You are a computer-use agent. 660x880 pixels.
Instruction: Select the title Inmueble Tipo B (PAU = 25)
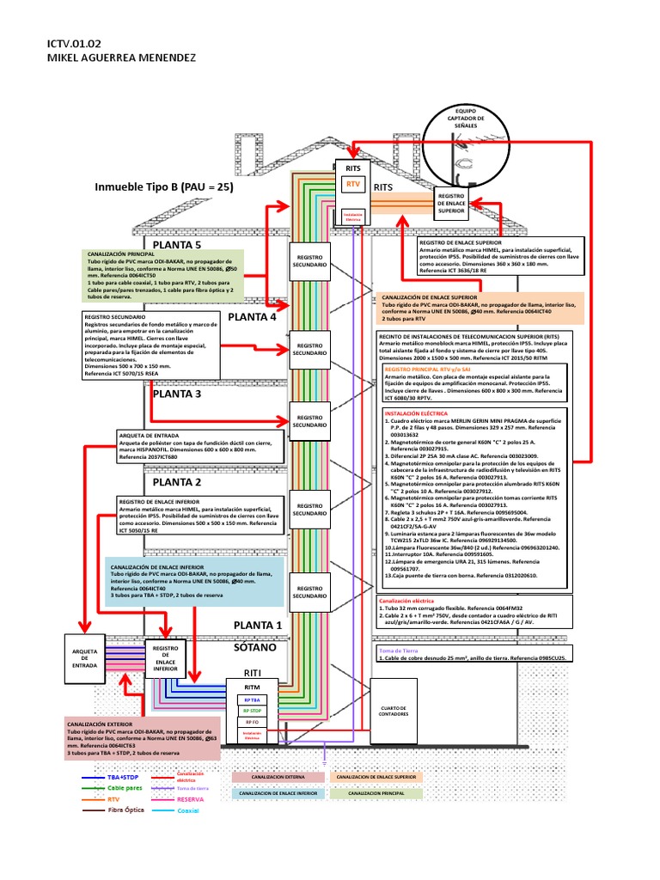coord(164,186)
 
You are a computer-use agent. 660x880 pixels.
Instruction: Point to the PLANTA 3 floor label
coord(176,394)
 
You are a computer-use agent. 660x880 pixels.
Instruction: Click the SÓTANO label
coord(255,647)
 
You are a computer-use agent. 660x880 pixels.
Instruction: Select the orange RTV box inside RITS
coord(352,185)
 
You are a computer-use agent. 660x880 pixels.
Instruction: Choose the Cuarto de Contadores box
coord(392,709)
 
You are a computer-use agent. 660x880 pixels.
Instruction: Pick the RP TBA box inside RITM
coord(251,700)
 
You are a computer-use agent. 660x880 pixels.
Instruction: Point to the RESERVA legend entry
coord(190,798)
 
